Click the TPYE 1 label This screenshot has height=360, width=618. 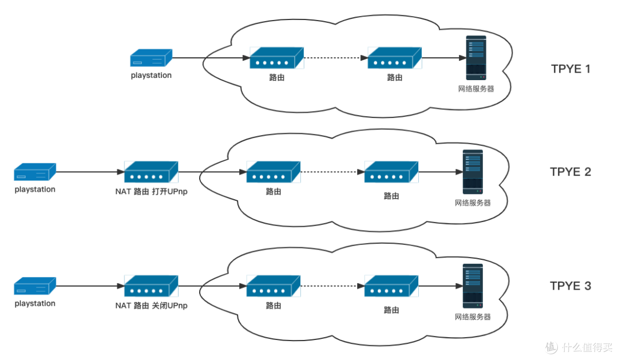pos(570,69)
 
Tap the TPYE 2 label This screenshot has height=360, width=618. pos(570,172)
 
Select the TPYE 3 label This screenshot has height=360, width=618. pos(570,286)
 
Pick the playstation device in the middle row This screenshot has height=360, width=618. pos(35,171)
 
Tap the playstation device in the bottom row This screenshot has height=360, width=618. pos(35,286)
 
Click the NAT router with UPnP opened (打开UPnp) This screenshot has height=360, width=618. pos(151,171)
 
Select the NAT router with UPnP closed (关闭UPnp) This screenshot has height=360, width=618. pos(151,286)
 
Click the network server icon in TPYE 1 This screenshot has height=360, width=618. pos(476,58)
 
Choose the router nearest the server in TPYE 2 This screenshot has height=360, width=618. pos(391,172)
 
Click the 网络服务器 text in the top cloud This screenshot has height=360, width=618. pos(476,89)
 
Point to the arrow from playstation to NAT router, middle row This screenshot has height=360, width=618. pos(90,172)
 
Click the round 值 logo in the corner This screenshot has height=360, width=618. pos(550,346)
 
